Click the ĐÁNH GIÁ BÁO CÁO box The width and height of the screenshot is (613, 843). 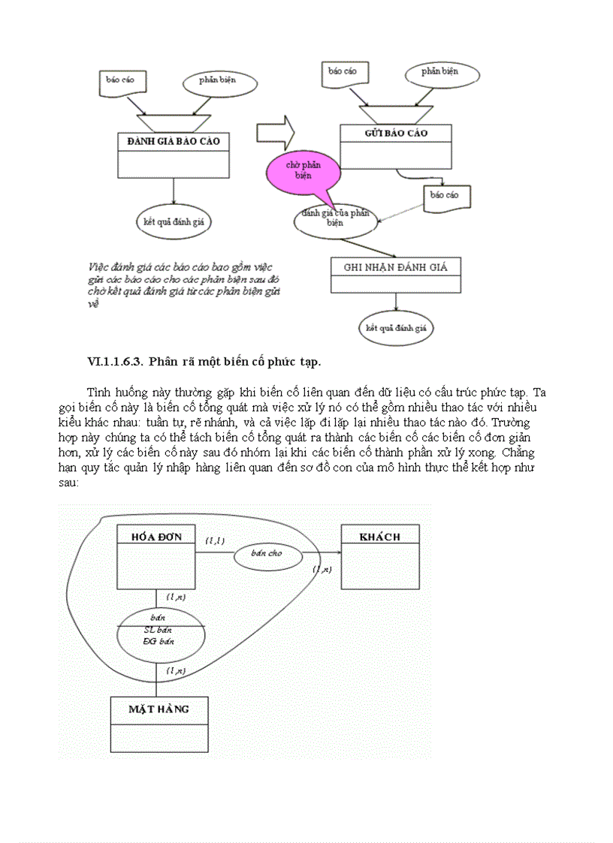pos(174,154)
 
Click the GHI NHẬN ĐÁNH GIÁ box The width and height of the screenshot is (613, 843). pos(396,275)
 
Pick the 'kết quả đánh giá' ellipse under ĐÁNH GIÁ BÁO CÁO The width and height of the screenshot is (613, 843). pos(174,221)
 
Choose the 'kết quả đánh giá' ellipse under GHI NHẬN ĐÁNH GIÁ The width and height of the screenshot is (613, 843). pos(396,328)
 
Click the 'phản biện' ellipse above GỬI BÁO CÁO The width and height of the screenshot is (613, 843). pos(441,72)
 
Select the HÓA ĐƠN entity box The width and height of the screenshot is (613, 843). pos(156,555)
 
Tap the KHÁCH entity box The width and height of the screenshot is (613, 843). pos(380,555)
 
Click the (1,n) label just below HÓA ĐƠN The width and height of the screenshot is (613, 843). pos(177,597)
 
